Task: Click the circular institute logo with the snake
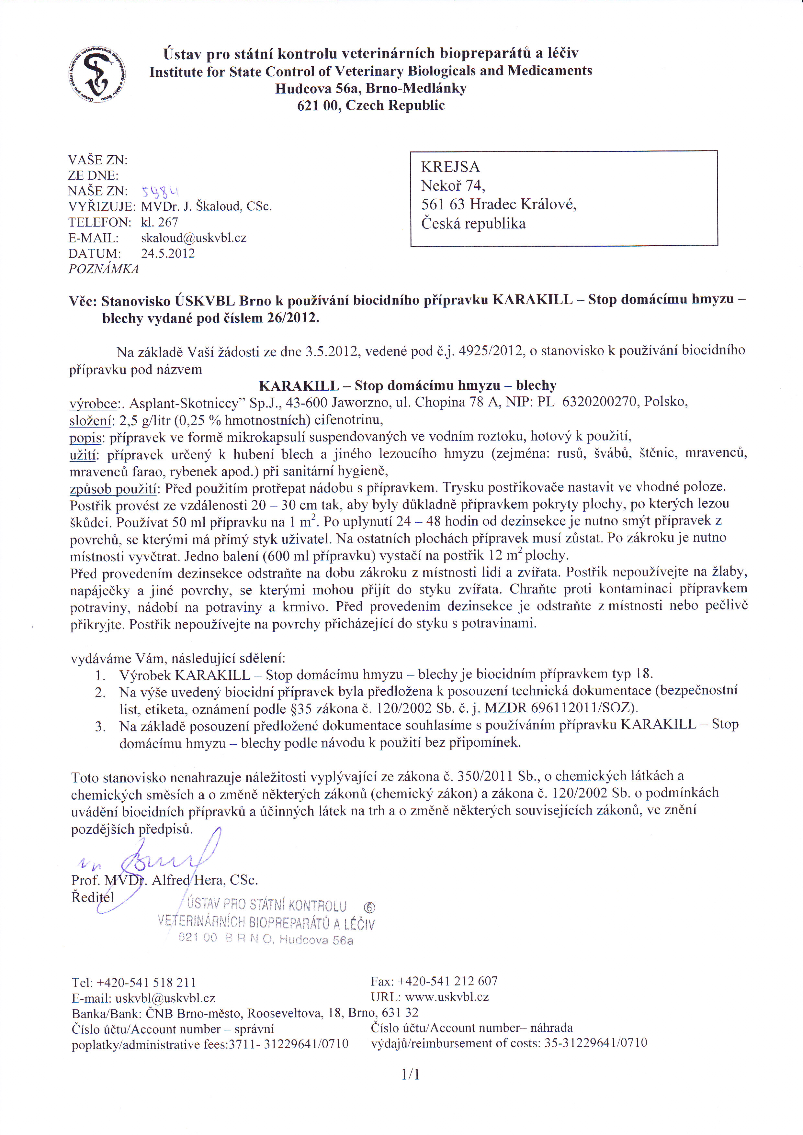(97, 76)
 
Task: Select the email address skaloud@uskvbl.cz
(193, 238)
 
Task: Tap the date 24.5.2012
(168, 254)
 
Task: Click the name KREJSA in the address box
(450, 167)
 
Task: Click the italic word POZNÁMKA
(103, 269)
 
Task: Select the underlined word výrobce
(93, 403)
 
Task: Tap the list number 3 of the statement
(100, 727)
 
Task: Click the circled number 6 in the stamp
(369, 907)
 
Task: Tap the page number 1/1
(410, 1075)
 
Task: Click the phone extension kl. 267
(159, 222)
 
